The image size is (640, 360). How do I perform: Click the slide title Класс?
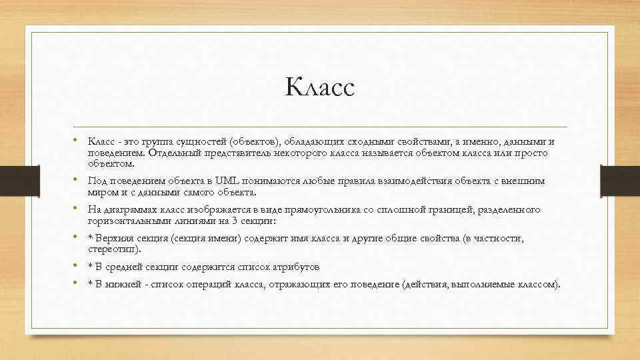pos(320,87)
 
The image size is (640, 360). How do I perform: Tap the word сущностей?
pos(202,142)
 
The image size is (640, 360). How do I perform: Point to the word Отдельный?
pos(172,153)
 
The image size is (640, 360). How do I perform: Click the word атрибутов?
pos(297,267)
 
